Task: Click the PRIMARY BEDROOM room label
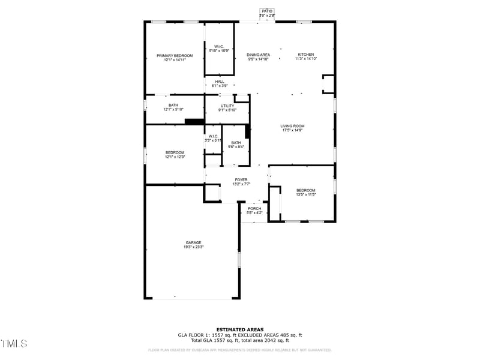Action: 175,56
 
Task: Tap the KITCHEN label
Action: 305,55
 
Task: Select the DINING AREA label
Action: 259,55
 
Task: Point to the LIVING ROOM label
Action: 292,126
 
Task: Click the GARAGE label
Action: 193,242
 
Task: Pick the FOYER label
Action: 241,180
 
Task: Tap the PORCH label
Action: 254,209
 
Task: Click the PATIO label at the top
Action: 267,11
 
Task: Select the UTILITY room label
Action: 227,106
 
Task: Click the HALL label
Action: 220,82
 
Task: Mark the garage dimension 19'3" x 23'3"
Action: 194,247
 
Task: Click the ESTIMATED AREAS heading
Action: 239,329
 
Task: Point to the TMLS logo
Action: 14,344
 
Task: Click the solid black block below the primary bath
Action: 194,122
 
